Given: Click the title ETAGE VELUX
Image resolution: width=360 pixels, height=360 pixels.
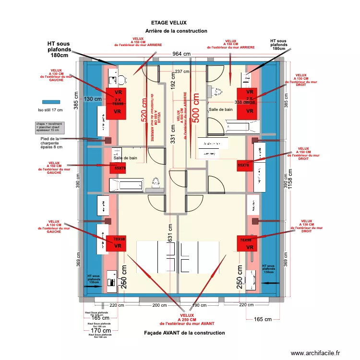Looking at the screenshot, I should pos(168,23).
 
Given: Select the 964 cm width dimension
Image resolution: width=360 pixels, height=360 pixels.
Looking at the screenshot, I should pos(181,54).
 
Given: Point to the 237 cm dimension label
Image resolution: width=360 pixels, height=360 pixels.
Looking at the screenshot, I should pos(182,72).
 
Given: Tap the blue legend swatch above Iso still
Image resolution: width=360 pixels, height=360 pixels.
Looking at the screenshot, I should pos(50,102).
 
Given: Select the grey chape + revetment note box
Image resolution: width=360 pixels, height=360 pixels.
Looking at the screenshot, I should pos(49,127).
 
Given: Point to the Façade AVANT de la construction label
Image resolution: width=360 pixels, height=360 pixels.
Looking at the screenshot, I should pos(184,333).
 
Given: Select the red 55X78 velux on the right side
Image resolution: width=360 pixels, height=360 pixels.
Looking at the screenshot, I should pos(244,165).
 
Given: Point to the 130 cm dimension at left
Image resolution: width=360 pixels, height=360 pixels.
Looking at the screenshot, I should pos(93,99).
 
